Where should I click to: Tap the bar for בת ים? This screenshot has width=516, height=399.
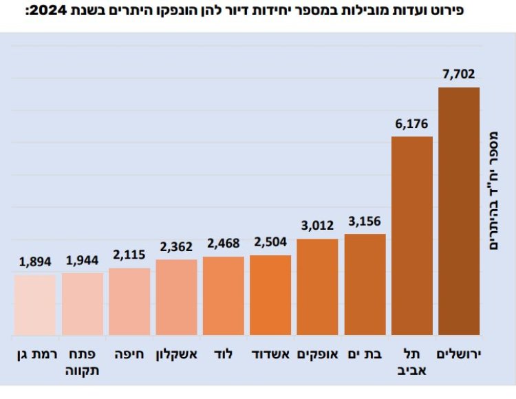(365, 285)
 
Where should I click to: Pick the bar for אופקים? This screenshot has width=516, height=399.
(317, 288)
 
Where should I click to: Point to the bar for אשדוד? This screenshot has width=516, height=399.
(270, 296)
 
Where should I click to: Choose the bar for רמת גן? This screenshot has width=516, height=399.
(34, 305)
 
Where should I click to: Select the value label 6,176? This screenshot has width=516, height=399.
(411, 125)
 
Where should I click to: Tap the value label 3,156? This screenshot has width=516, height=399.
(365, 222)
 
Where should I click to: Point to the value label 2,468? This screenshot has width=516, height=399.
(224, 244)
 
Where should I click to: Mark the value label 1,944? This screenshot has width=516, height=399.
(82, 261)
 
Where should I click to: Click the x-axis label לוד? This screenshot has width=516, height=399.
(224, 354)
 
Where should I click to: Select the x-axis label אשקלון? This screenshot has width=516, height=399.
(176, 354)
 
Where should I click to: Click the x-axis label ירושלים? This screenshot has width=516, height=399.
(459, 354)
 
